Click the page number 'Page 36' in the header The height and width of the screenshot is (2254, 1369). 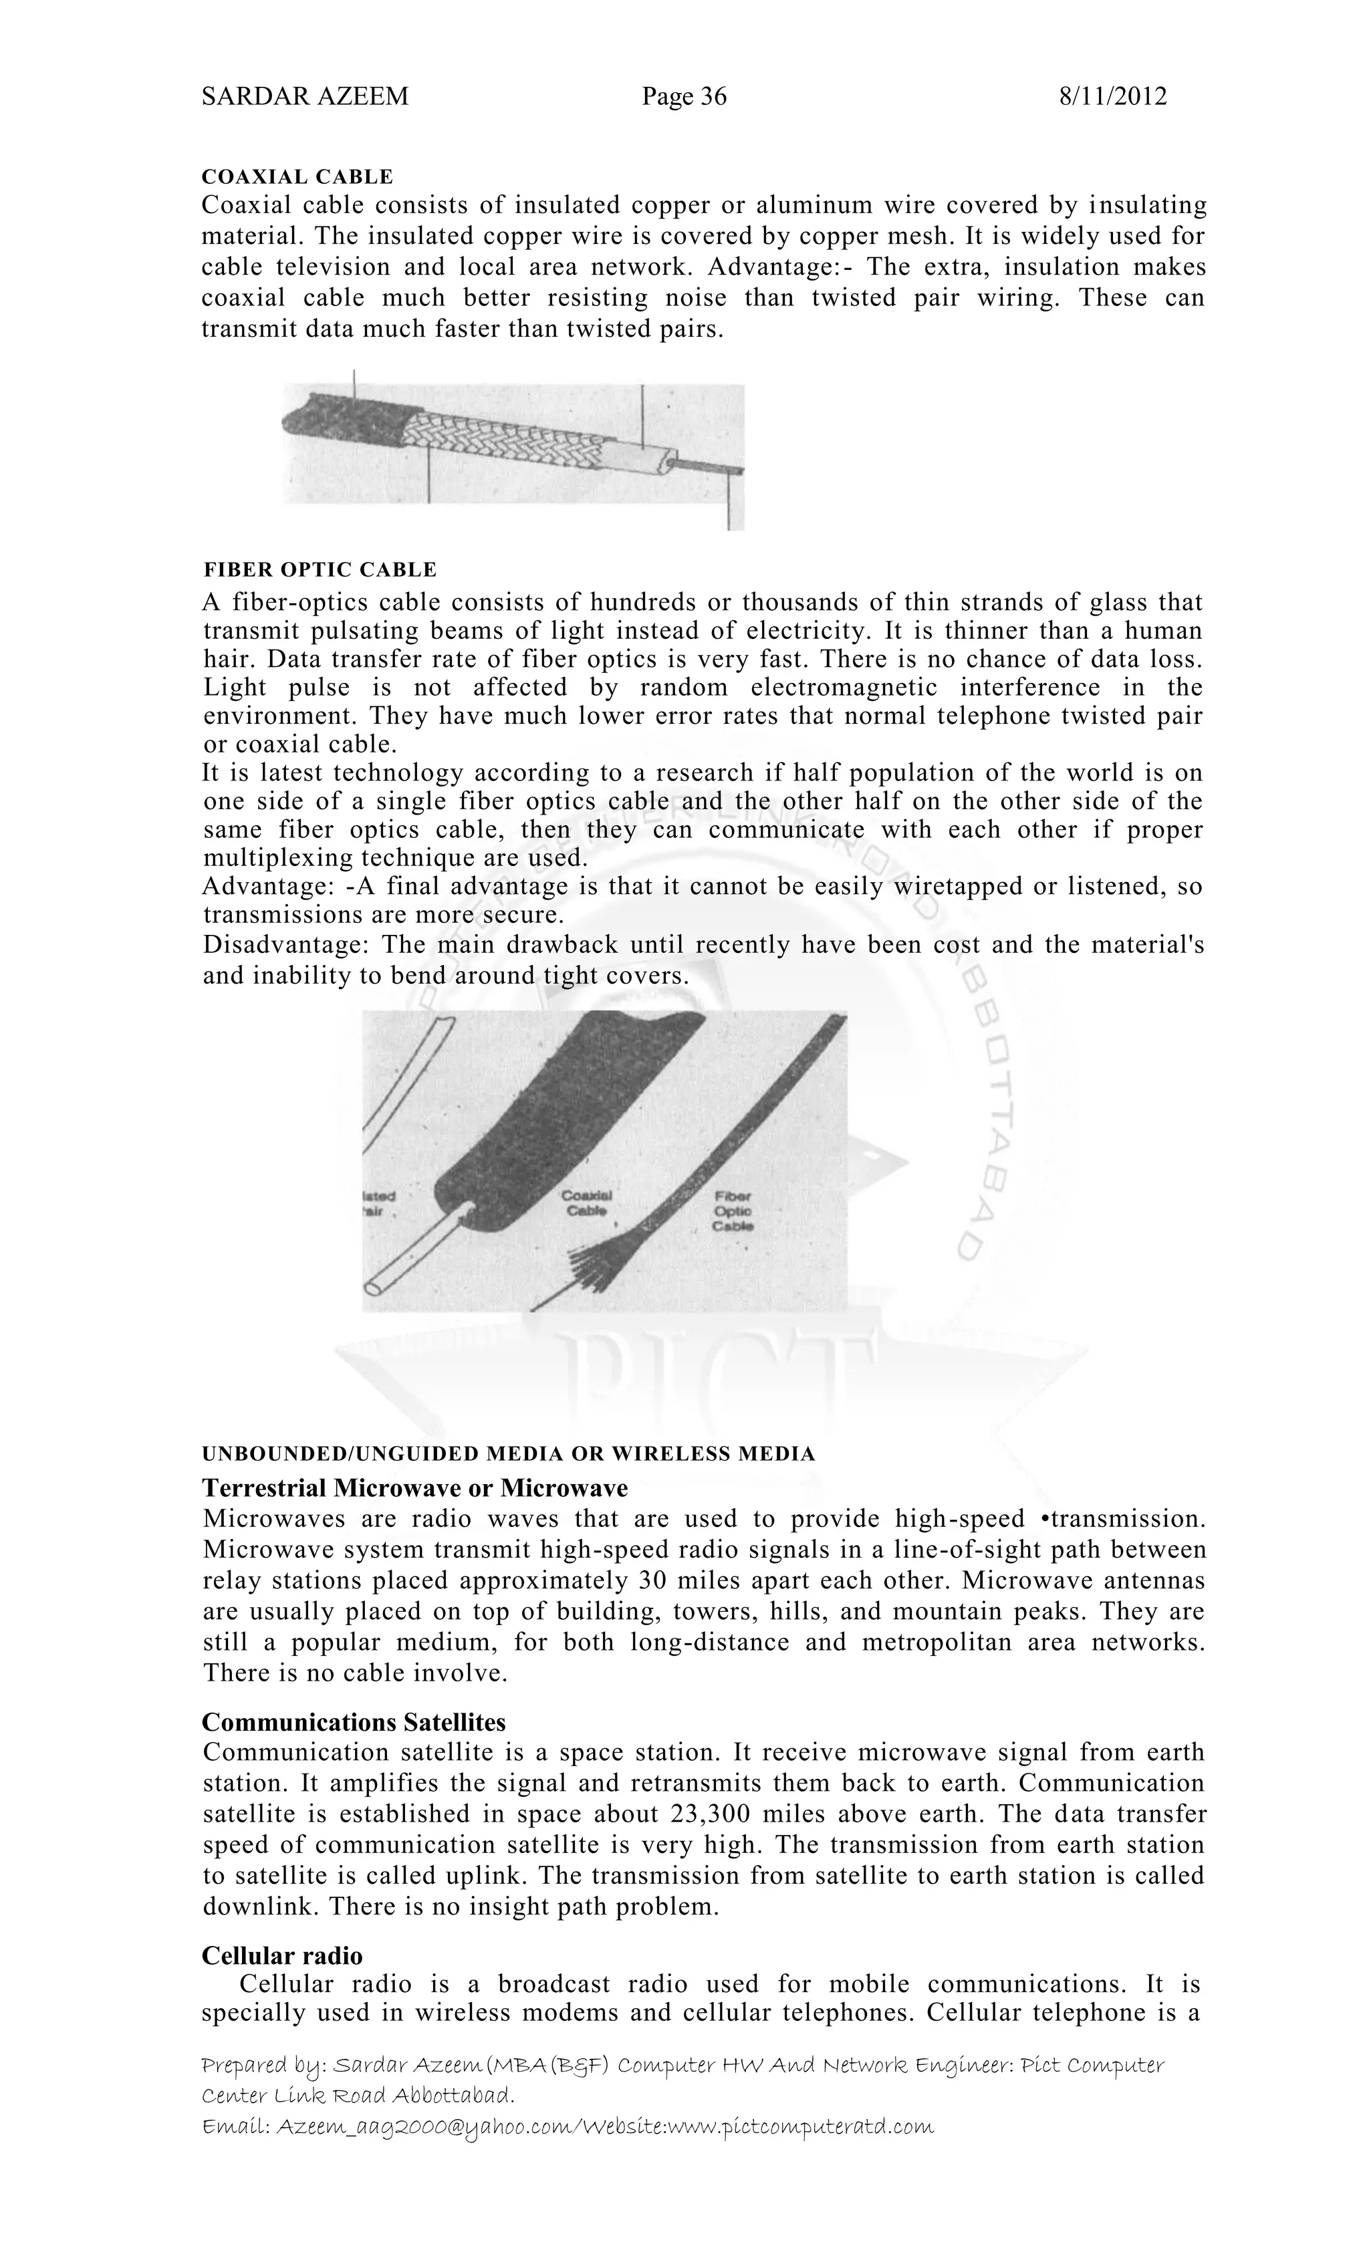coord(684,96)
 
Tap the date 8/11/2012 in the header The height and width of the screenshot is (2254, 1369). coord(1112,96)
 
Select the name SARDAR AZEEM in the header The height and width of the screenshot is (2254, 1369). coord(305,96)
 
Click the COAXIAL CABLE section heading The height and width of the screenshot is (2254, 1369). coord(297,176)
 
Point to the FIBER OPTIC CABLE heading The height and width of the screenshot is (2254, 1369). coord(320,570)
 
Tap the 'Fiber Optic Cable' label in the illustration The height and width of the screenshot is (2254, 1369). coord(733,1211)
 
